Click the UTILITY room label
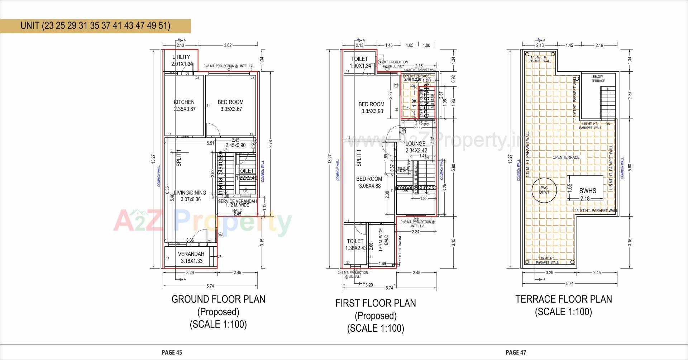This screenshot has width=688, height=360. point(181,57)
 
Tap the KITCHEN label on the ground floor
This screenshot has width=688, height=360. point(184,102)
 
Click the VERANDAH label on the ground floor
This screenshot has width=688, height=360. point(191,254)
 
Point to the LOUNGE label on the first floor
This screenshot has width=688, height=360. point(415,144)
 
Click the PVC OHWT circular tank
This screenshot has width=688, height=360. point(544,190)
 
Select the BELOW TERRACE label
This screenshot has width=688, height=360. point(598,79)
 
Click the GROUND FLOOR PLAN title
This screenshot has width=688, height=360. point(218,299)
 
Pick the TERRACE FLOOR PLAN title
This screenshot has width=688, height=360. point(563,299)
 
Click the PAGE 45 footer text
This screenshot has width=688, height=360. point(172,352)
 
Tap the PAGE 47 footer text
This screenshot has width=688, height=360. point(516,352)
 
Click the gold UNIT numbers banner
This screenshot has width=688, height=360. point(95,26)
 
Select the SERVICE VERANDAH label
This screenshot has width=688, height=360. point(237,202)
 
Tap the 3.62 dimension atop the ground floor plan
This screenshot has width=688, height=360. point(228,45)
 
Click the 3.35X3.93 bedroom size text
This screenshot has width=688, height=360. point(372,111)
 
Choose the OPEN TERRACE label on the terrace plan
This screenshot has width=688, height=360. point(566,157)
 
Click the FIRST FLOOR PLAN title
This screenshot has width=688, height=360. point(376,303)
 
